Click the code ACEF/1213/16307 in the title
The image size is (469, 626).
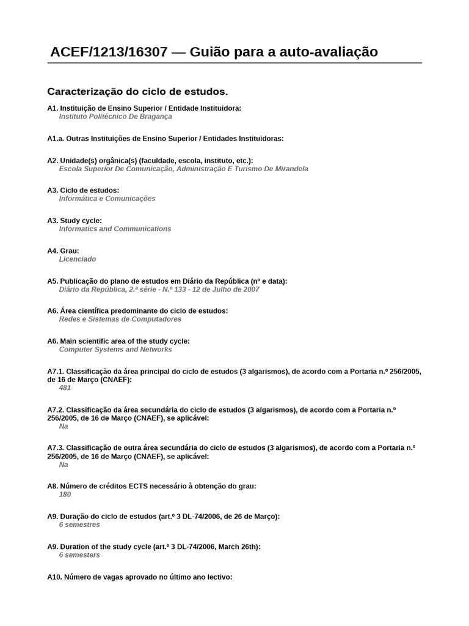(x=109, y=53)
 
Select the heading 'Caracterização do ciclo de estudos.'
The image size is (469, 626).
(x=137, y=92)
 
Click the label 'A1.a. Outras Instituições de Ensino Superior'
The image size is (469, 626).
(x=165, y=138)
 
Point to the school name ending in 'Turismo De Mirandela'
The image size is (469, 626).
(x=183, y=169)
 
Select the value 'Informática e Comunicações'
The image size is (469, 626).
(x=107, y=199)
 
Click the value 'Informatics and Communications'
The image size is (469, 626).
(x=115, y=229)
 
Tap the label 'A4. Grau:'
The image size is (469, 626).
(x=63, y=251)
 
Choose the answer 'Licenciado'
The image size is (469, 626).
(x=78, y=259)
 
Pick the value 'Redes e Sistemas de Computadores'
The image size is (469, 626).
(x=120, y=319)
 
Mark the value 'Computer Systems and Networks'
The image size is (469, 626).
(x=115, y=350)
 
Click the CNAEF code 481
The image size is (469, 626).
(x=65, y=388)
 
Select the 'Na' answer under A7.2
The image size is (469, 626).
(x=64, y=426)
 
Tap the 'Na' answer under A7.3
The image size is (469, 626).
(x=64, y=465)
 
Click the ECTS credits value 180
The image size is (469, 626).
(x=65, y=495)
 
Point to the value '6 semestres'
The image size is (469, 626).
(x=79, y=525)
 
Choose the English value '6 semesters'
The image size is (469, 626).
(x=79, y=555)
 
